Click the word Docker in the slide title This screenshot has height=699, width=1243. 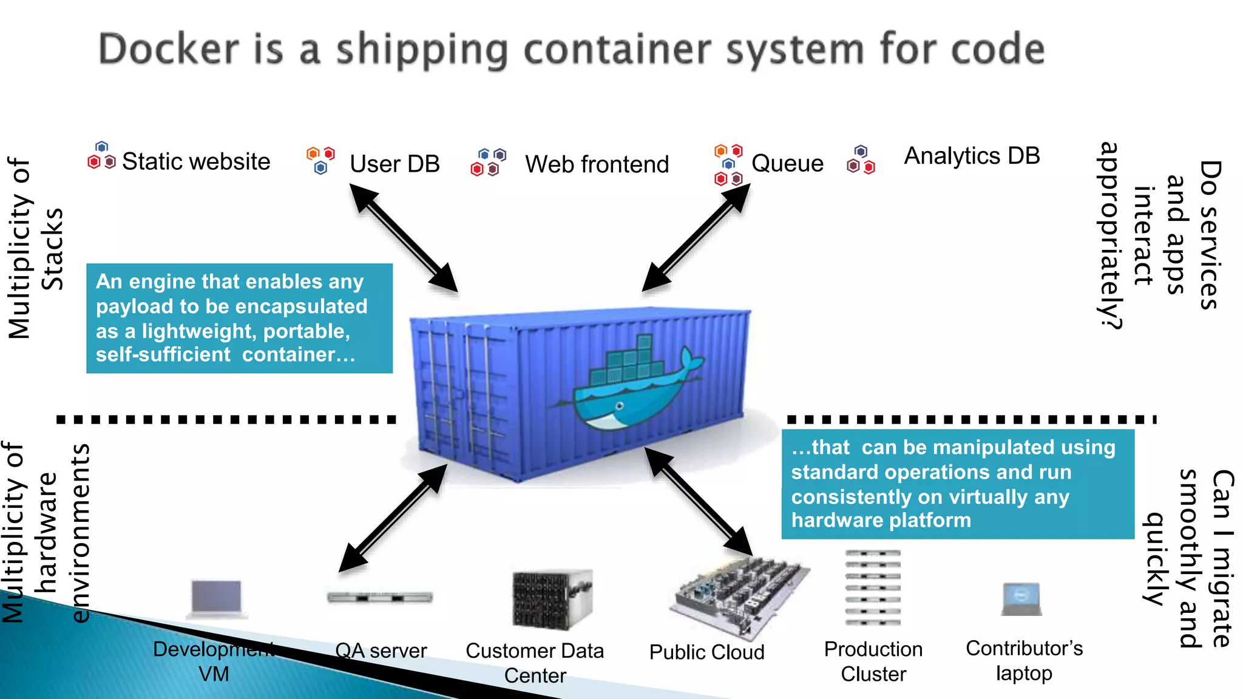169,50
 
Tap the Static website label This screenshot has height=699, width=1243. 195,161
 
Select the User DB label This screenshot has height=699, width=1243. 395,164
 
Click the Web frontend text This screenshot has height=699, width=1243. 597,164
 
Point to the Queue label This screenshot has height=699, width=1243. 787,163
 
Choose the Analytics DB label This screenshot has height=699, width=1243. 972,156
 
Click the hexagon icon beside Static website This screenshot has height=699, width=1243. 101,156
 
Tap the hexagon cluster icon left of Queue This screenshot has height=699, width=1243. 728,164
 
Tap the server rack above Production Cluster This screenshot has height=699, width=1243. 873,587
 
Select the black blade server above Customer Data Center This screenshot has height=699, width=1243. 552,599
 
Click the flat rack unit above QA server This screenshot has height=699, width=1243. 380,598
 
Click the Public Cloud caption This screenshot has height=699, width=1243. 706,652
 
